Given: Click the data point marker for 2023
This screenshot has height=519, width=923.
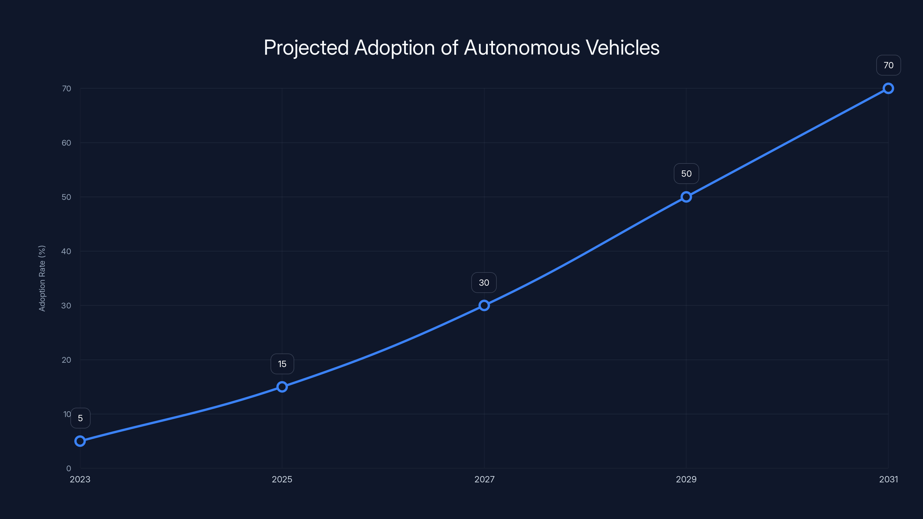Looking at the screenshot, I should coord(80,441).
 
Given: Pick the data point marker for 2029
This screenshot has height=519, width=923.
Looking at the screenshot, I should coord(686,197).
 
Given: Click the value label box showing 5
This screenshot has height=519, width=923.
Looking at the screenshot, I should coord(80,418).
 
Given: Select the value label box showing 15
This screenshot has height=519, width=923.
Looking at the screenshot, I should coord(282,364).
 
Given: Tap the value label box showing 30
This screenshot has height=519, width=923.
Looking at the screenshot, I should coord(484,283).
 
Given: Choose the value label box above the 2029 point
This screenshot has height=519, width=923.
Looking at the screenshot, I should coord(686,174).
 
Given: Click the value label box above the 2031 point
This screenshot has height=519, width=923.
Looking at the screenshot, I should coord(888,65).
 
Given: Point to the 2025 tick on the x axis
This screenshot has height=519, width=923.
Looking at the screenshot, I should coord(282,479).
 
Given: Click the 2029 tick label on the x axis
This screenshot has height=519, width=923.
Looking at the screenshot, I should coord(686,479).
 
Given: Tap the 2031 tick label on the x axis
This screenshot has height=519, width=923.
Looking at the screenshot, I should coord(888,479).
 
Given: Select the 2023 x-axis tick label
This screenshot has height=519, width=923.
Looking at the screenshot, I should coord(80,479).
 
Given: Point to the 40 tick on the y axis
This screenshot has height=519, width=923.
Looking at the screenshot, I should coord(66,251).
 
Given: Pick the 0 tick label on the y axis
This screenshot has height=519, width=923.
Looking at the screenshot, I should coord(68,469).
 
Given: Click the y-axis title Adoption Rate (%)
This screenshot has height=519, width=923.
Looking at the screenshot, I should coord(42,278).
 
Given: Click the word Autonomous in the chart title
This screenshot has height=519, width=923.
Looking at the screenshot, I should coord(522,48).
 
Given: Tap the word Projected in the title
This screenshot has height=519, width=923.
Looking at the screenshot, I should coord(306,48).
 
